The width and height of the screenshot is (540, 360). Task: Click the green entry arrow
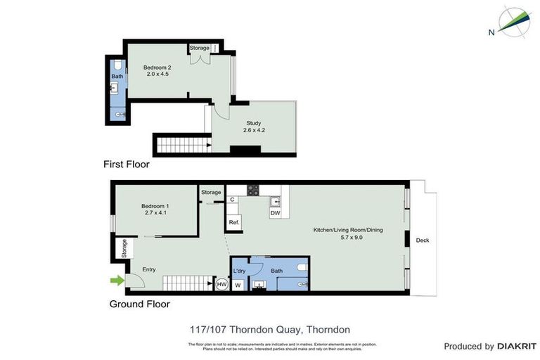[117, 281]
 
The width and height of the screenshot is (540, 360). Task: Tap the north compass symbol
[515, 21]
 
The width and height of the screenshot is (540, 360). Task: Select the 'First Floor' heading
[127, 165]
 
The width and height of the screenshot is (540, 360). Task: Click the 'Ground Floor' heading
[139, 304]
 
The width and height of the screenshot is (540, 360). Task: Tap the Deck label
[422, 240]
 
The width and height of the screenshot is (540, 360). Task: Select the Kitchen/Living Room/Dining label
[348, 233]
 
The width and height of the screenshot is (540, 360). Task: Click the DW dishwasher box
[275, 212]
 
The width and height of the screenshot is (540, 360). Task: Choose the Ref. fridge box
[234, 223]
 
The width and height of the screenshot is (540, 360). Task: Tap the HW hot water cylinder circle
[221, 284]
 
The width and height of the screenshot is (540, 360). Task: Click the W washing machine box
[238, 285]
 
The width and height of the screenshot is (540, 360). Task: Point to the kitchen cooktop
[253, 190]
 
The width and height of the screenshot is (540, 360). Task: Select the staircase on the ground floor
[188, 283]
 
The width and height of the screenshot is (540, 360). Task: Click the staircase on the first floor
[183, 146]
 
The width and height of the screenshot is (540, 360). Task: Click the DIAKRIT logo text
[517, 347]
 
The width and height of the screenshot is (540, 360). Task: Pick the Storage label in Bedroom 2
[199, 48]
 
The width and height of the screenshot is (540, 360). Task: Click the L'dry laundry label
[239, 271]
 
